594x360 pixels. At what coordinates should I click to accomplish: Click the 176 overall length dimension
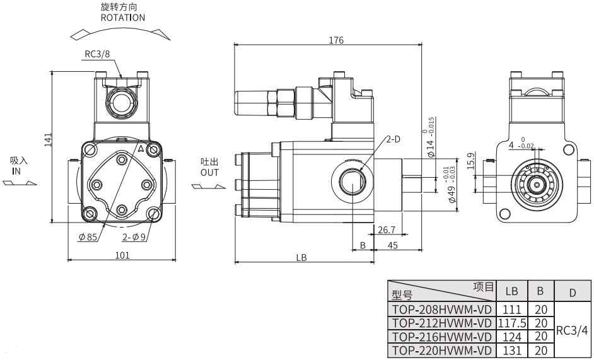pos(336,40)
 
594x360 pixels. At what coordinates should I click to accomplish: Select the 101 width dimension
pos(122,255)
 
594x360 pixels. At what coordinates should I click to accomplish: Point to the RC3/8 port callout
pos(97,54)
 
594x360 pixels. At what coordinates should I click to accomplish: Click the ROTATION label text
pos(122,18)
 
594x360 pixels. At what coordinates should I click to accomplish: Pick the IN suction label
pos(17,171)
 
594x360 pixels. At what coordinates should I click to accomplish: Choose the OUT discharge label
pos(209,172)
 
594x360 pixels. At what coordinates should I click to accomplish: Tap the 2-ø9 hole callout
pos(134,238)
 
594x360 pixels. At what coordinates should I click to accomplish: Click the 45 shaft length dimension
pos(392,245)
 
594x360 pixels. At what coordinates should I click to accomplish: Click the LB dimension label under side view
pos(301,257)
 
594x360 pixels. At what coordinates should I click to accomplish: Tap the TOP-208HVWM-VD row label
pos(441,310)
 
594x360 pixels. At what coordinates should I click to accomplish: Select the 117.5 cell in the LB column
pos(511,322)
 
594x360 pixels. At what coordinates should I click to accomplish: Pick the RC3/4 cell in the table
pos(572,329)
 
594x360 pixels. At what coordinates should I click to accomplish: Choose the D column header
pos(572,293)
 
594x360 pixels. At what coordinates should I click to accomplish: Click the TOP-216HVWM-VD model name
pos(441,336)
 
